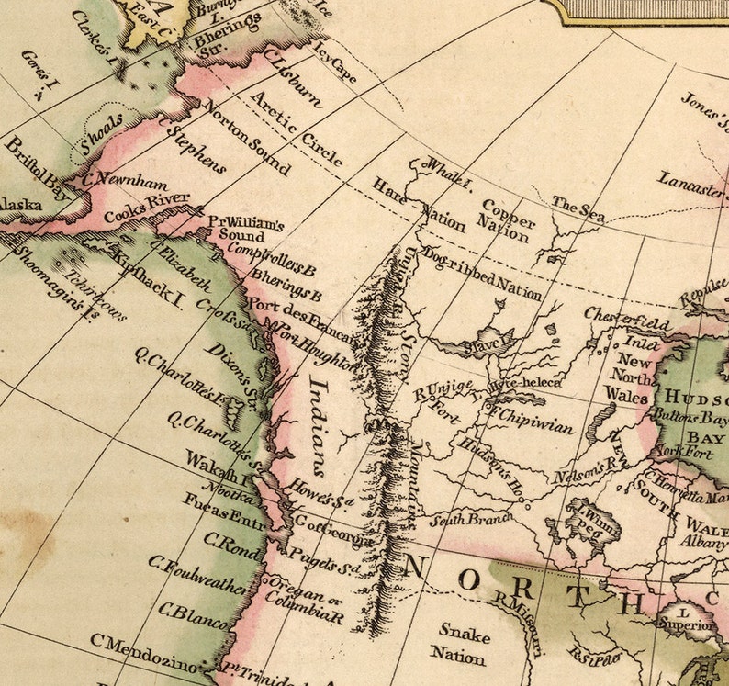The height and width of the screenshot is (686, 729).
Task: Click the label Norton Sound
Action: [x=245, y=137]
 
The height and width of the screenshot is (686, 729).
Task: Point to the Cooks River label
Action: [x=147, y=207]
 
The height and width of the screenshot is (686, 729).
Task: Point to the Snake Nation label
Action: [x=460, y=644]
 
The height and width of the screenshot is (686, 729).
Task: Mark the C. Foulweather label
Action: [x=196, y=575]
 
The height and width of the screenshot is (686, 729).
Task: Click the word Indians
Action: [x=316, y=422]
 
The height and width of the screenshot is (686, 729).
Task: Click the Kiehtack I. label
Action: [x=147, y=276]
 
